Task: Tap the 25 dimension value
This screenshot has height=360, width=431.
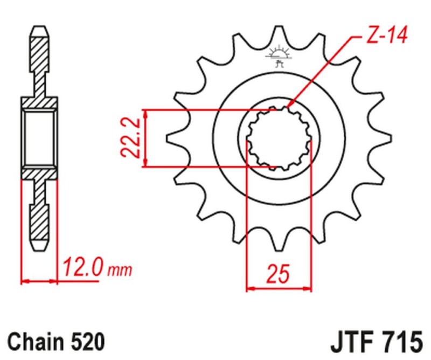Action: click(x=279, y=274)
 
